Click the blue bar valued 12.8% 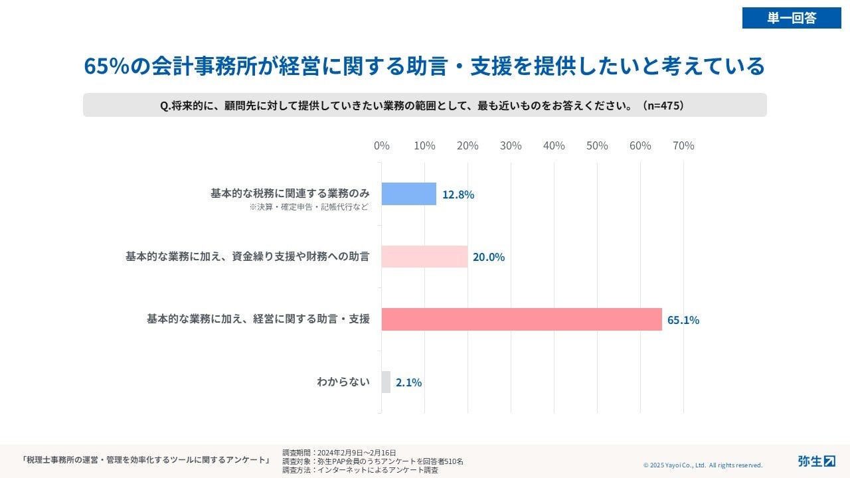click(408, 194)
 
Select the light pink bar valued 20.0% click(424, 256)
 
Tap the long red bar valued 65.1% click(521, 319)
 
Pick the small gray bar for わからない click(386, 382)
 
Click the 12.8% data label click(458, 195)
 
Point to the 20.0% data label click(489, 257)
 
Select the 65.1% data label click(683, 320)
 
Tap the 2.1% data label click(408, 382)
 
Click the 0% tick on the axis click(382, 145)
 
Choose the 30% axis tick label click(511, 145)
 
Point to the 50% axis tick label click(597, 145)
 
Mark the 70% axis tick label click(683, 145)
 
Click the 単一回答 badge click(792, 18)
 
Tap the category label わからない click(343, 382)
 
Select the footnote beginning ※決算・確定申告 click(309, 207)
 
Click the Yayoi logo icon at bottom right click(829, 461)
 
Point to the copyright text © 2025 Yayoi click(703, 465)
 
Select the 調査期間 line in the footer click(339, 453)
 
